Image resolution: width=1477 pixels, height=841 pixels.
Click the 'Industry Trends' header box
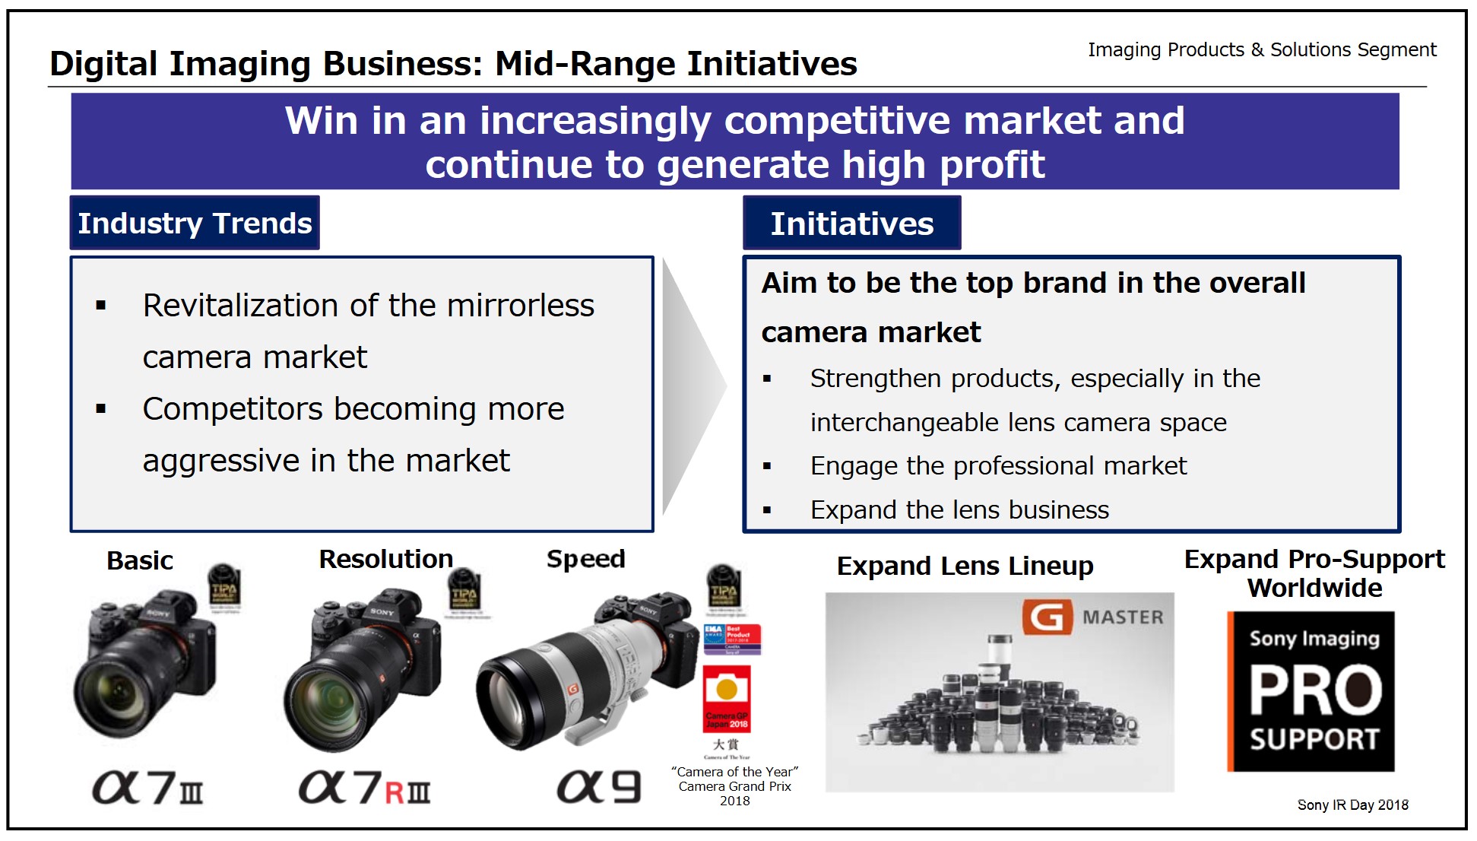195,224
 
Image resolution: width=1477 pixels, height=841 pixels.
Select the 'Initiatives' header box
851,224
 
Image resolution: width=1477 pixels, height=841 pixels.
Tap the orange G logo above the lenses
1047,617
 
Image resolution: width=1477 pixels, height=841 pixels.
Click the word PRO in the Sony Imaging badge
1315,690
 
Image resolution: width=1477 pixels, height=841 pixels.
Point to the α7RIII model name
364,788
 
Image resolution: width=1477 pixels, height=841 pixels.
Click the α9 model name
599,787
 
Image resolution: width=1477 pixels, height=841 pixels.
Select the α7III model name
147,788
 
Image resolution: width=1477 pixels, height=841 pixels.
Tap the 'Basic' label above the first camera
140,561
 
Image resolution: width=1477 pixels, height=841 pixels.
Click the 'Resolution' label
385,560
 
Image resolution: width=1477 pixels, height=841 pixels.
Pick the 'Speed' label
585,560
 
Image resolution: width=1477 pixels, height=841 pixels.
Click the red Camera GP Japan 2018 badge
726,698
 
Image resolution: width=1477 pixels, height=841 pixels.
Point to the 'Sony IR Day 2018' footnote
1352,805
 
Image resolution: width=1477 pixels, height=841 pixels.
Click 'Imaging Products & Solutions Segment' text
1262,50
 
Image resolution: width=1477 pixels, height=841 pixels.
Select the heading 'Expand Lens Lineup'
965,566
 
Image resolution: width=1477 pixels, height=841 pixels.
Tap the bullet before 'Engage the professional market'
767,466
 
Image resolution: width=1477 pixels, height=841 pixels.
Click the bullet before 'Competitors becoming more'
101,409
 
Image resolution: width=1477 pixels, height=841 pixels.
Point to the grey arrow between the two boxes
692,386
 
